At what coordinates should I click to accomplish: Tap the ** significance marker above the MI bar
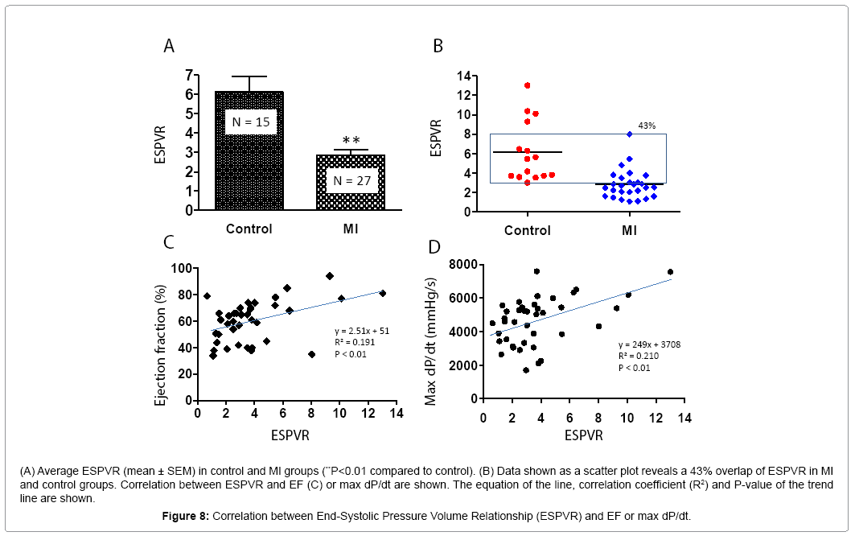[351, 139]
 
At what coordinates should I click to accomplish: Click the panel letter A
[169, 46]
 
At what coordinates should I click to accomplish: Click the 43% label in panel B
[648, 126]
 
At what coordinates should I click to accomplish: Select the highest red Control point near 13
[527, 85]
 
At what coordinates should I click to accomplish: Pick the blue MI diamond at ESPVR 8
[630, 134]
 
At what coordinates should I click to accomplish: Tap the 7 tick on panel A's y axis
[189, 75]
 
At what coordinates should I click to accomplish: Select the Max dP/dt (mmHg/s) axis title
[432, 340]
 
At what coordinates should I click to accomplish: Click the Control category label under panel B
[527, 231]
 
